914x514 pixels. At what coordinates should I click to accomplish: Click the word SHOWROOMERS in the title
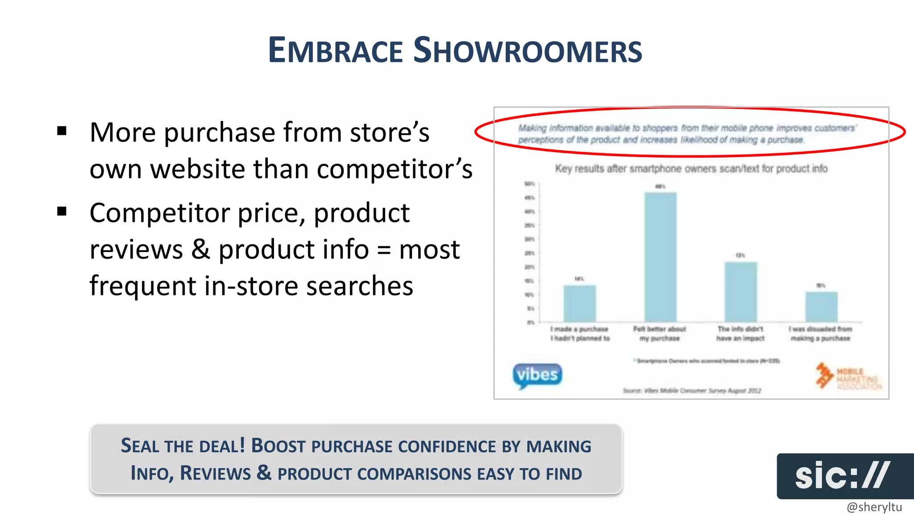528,50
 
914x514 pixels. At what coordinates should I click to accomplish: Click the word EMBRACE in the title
335,50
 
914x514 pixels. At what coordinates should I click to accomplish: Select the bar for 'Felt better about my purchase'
660,257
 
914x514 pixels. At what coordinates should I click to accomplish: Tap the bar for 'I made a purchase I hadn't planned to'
579,303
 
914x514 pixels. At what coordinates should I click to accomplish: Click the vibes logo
537,375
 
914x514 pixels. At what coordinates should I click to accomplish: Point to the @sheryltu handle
874,507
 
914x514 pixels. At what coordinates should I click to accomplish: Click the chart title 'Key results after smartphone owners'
691,169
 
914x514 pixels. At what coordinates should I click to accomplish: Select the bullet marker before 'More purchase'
62,131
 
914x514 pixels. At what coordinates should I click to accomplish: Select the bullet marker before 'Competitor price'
62,211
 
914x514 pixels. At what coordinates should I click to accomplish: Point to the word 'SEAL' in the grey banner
139,446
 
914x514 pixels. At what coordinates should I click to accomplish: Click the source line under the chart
691,390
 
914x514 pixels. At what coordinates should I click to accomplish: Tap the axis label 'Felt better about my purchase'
659,334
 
